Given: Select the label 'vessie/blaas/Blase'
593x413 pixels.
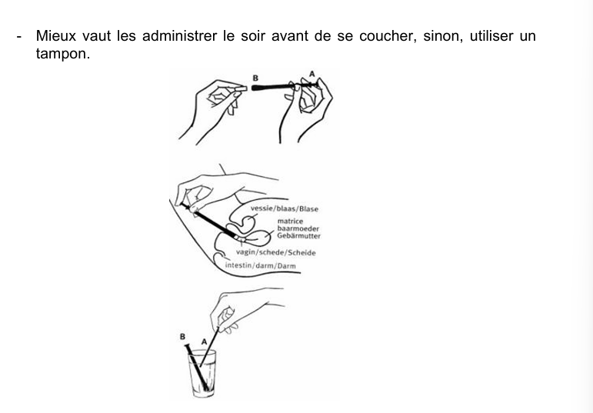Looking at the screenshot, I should coord(285,208).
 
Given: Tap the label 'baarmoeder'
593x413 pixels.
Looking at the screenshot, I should coord(298,228).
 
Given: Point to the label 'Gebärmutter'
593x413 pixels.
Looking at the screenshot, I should coord(298,236).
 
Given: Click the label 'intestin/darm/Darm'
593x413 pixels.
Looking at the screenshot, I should coord(260,266).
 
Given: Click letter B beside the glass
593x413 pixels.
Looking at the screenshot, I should coord(183,336).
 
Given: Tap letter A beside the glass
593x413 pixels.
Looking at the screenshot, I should coord(204,341).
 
